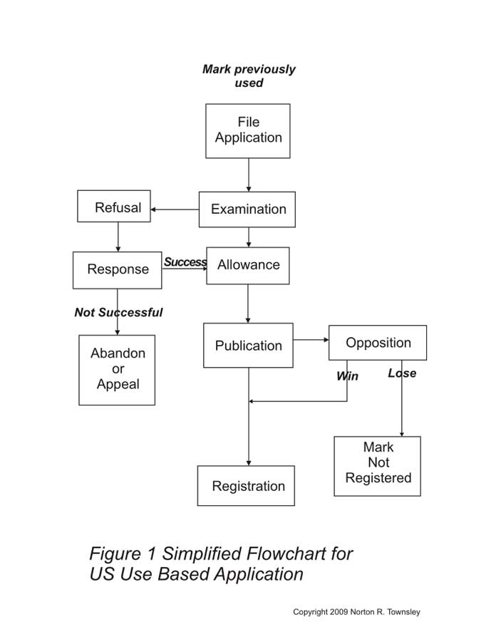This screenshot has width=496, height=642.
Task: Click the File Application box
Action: click(248, 130)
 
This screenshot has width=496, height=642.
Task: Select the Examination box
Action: click(247, 209)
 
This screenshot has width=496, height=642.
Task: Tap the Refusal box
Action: click(114, 206)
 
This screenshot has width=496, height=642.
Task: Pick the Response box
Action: click(118, 270)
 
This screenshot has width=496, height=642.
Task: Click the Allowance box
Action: click(248, 265)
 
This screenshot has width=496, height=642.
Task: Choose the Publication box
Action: click(248, 346)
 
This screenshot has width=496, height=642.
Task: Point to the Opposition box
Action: click(378, 343)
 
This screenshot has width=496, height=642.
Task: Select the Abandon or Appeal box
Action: click(117, 369)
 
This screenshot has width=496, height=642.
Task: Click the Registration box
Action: click(247, 486)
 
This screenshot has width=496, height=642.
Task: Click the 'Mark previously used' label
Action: click(249, 76)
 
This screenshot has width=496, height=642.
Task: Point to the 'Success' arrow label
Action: click(185, 262)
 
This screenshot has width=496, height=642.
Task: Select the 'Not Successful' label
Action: click(118, 312)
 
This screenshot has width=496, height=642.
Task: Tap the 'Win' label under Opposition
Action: click(347, 376)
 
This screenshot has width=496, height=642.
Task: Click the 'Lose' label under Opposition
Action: click(402, 373)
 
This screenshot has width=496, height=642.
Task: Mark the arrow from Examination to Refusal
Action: click(175, 209)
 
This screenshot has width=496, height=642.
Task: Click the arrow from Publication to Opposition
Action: click(311, 340)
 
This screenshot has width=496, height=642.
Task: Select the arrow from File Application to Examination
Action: click(249, 175)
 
